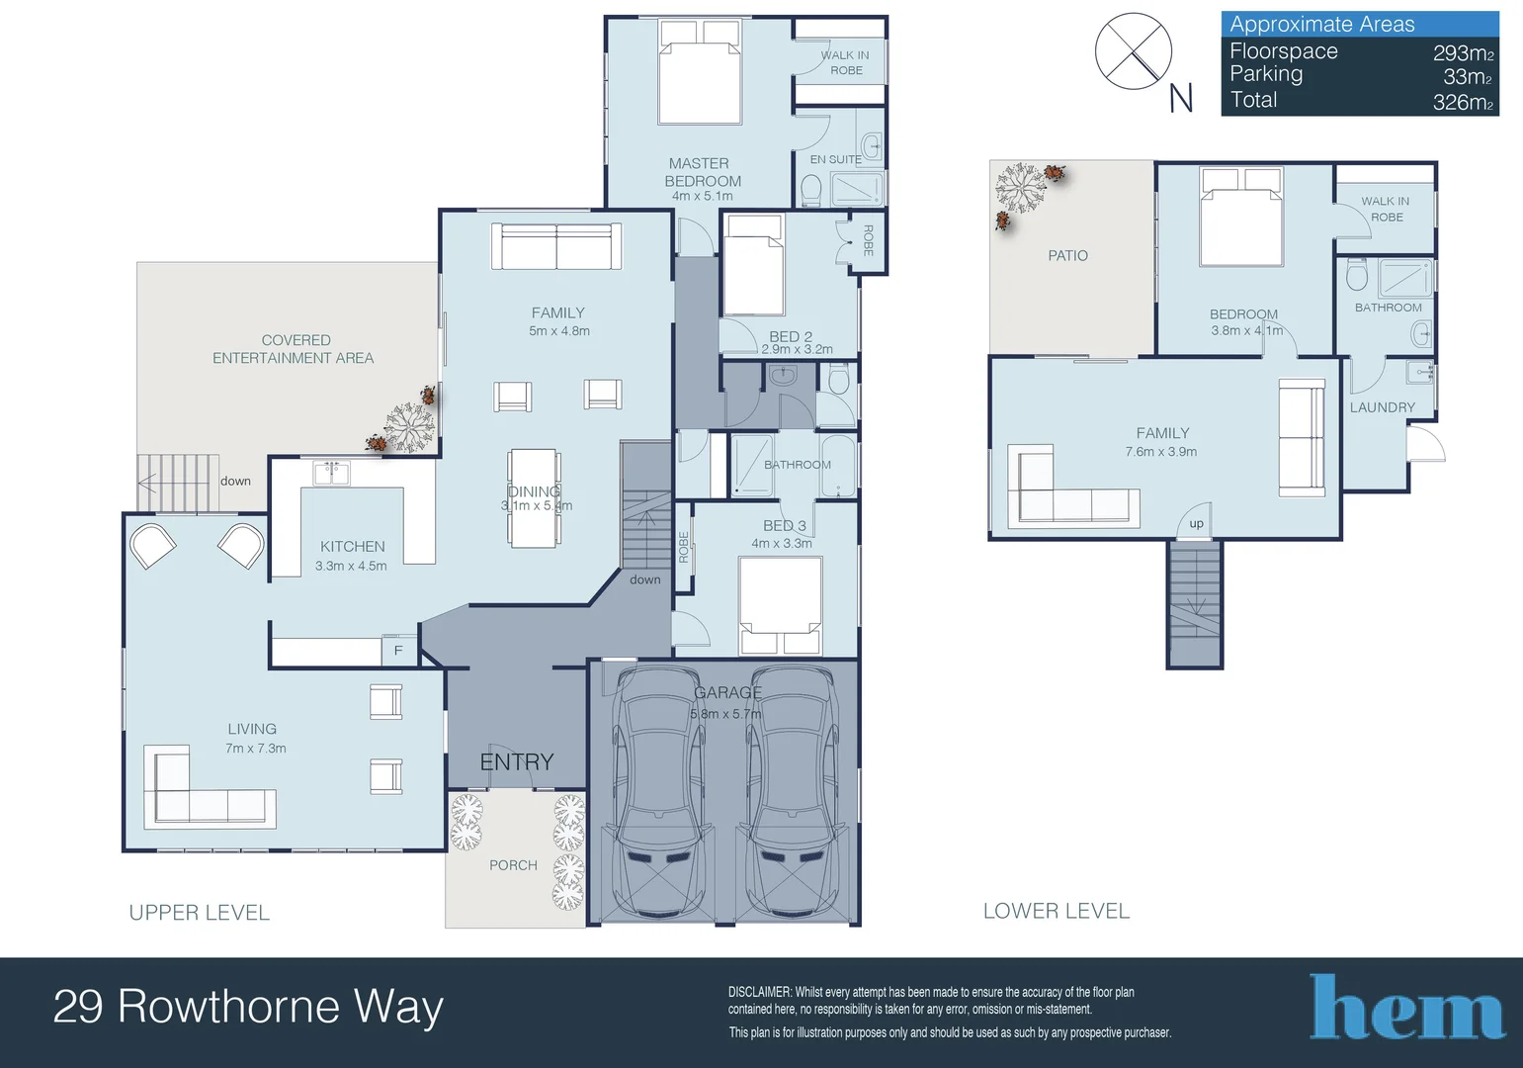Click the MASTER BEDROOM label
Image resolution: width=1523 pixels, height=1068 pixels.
[702, 172]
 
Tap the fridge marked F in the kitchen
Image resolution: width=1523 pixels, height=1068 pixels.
[398, 651]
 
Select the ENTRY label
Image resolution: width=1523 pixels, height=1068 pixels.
[517, 761]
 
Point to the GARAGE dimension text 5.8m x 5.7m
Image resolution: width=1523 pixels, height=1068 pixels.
[725, 714]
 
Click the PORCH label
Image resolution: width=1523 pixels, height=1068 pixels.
[513, 865]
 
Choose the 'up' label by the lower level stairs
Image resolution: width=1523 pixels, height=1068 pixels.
[1196, 524]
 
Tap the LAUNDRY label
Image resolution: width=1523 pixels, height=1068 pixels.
[1383, 407]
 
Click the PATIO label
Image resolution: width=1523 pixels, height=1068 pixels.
[1067, 256]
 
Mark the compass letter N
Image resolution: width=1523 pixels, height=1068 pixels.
[1181, 98]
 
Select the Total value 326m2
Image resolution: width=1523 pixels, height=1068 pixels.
[1463, 102]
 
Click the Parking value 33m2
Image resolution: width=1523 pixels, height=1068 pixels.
[1468, 77]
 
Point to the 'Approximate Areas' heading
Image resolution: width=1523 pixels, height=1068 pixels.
[1321, 25]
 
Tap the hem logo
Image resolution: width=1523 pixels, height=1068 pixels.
[1406, 1007]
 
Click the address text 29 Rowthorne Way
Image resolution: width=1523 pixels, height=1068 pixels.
[248, 1006]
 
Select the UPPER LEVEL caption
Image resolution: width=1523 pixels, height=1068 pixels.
[200, 913]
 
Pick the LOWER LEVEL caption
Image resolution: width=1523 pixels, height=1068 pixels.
[1057, 911]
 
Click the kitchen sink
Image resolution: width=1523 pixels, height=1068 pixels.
[332, 473]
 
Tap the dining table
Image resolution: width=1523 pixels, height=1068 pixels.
[535, 498]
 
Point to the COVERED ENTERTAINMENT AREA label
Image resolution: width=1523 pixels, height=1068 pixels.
[294, 349]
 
